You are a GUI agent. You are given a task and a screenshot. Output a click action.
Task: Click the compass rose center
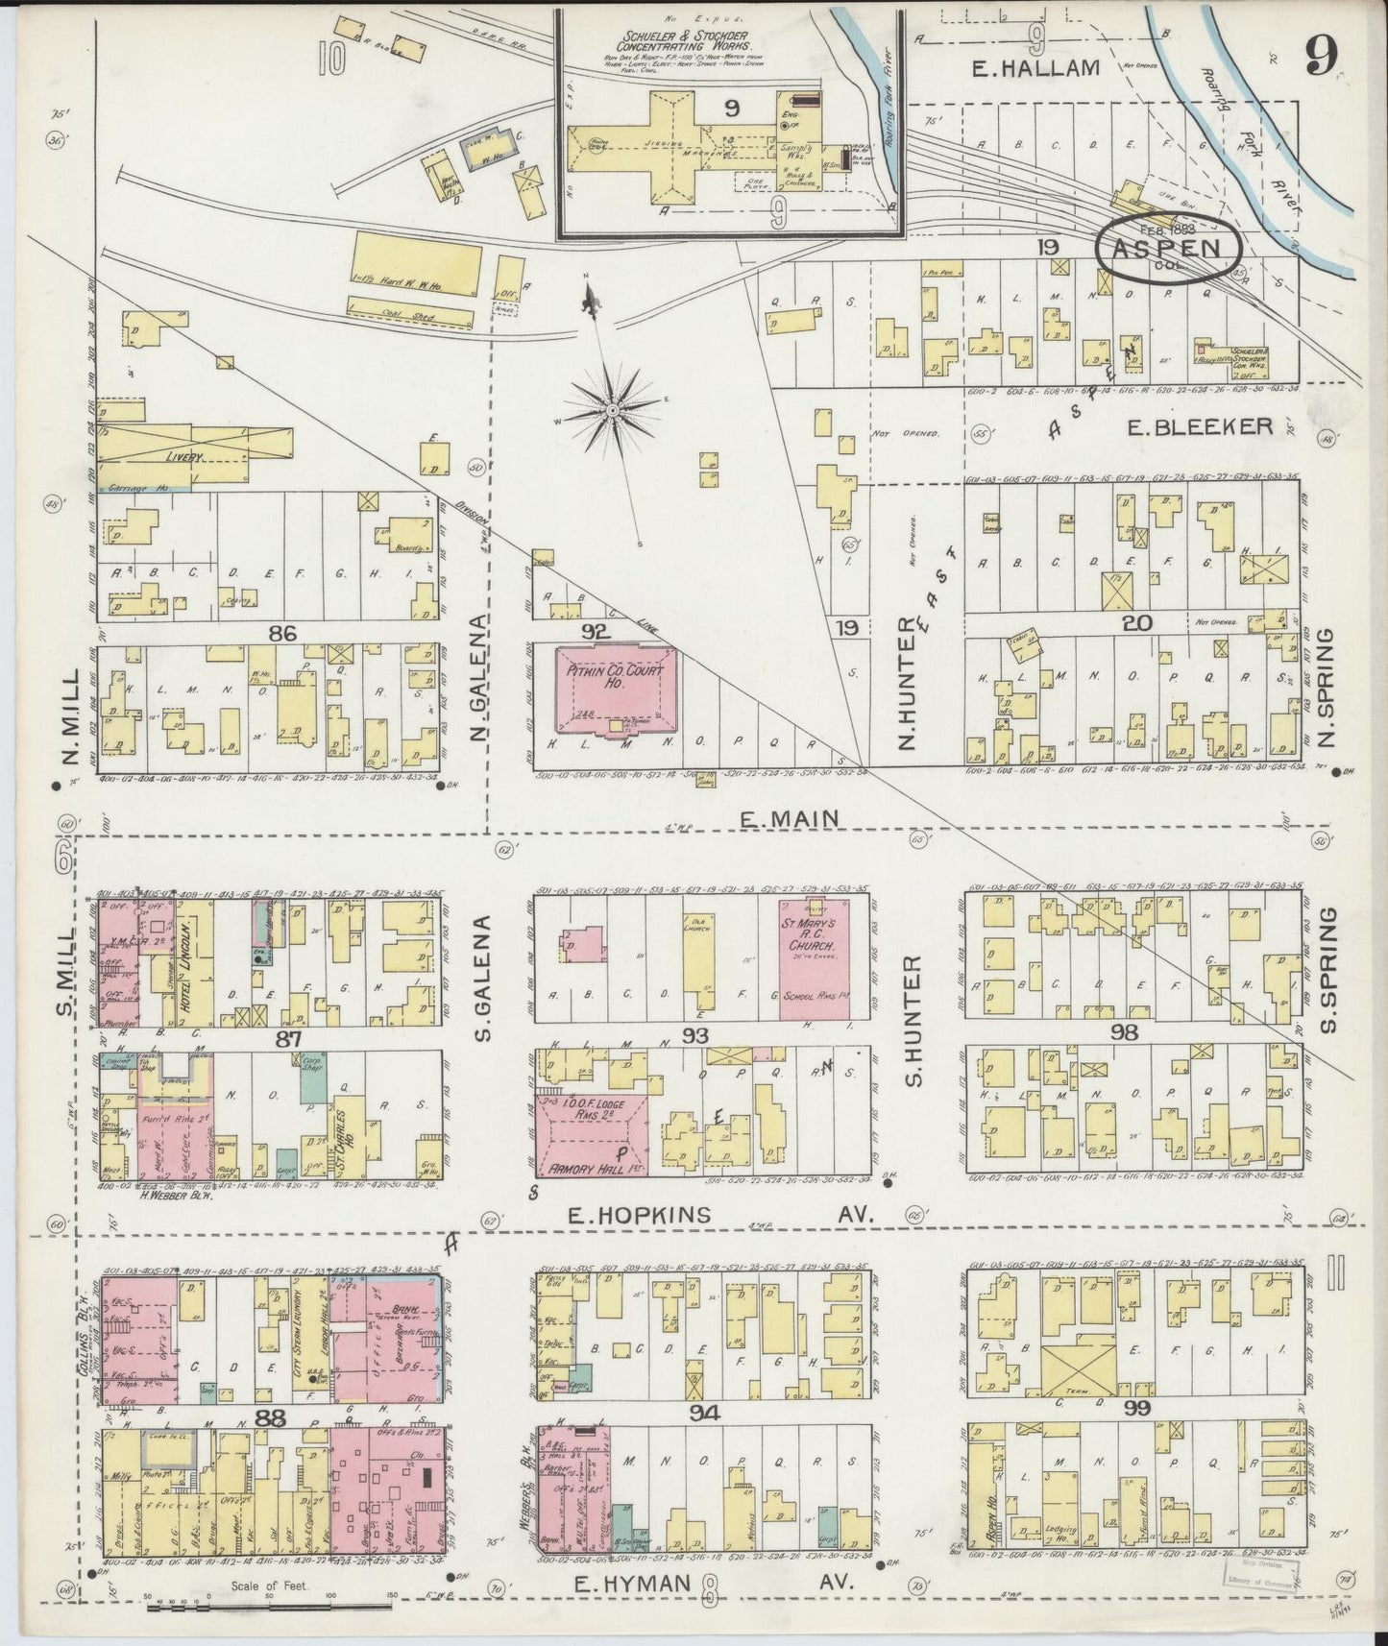pos(611,411)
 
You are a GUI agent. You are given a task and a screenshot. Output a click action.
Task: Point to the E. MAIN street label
pos(791,818)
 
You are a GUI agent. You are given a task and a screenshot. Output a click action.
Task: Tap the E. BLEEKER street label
pos(1201,426)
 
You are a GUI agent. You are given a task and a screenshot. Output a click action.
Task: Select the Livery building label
pos(183,457)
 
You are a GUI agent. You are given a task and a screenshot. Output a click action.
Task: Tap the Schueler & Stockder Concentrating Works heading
pos(686,39)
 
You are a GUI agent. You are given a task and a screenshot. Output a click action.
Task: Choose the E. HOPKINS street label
pos(639,1215)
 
